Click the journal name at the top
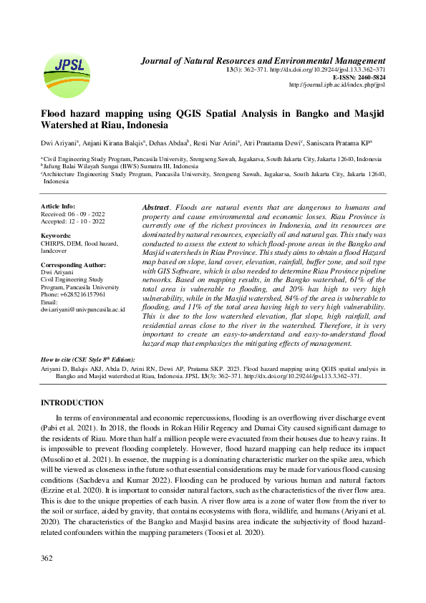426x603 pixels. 263,61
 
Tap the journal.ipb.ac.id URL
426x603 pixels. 337,85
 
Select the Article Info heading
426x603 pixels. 58,206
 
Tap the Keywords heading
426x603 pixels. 56,235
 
